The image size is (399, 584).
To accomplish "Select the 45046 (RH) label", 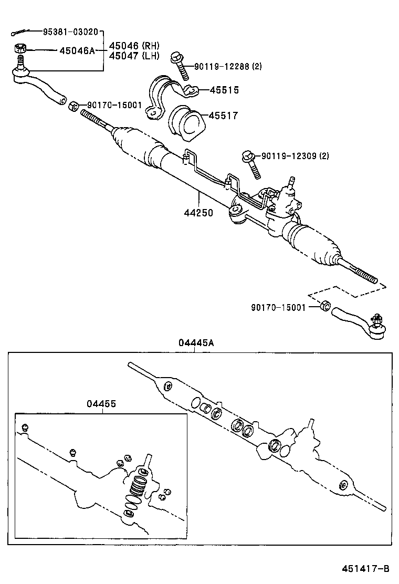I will click(x=134, y=46).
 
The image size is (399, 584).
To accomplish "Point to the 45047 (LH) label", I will click(x=134, y=56).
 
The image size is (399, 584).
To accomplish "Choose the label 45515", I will click(x=224, y=90).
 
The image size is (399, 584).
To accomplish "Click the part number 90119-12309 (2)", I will click(x=295, y=155).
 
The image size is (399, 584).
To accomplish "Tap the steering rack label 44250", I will click(x=198, y=214).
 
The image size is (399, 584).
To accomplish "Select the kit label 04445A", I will click(x=196, y=343).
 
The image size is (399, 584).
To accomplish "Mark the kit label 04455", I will click(x=101, y=404).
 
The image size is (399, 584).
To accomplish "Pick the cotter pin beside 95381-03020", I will click(x=19, y=33).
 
